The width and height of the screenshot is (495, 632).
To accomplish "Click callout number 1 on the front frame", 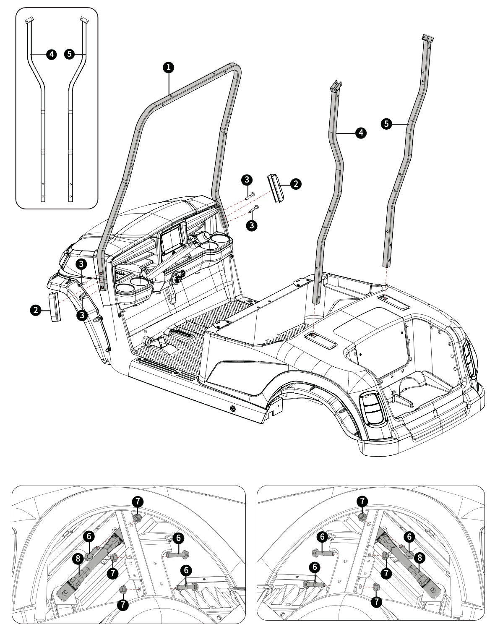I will coord(168,67).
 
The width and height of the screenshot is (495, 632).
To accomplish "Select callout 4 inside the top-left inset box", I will coord(51,54).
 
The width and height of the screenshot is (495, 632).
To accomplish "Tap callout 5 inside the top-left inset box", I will coord(70,54).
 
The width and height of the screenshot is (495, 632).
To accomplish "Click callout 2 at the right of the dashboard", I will coord(295,183).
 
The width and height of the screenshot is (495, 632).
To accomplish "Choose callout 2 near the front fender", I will coord(36,310).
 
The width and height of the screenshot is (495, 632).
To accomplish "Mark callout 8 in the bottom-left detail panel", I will coord(76,558).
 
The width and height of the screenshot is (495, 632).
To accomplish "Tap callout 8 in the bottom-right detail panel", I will coord(419,557).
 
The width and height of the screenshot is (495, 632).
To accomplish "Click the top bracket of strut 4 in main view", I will coord(336,87).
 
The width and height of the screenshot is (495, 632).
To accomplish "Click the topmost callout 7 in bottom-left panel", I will coord(138,501).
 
